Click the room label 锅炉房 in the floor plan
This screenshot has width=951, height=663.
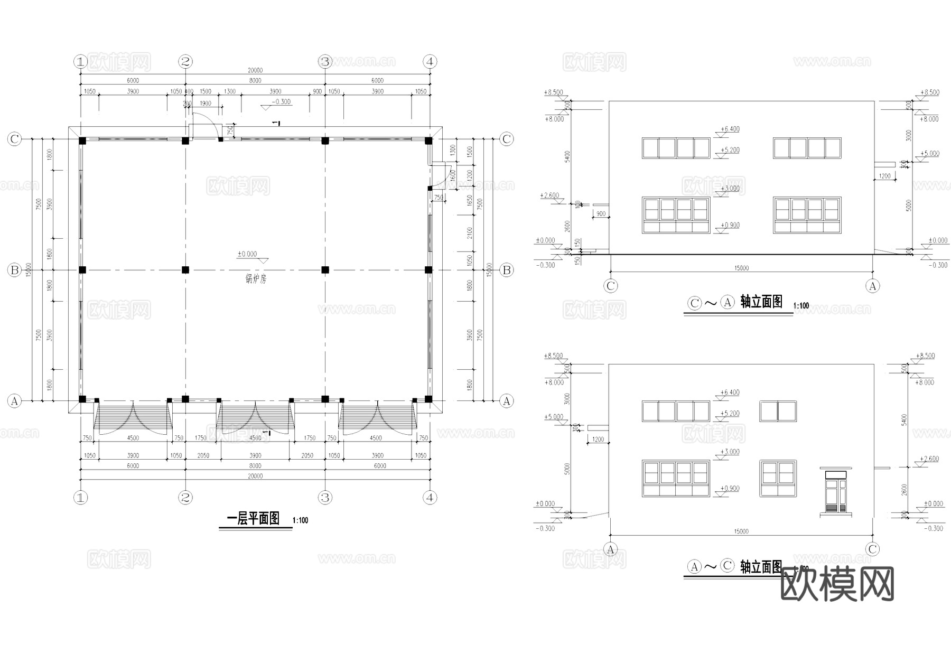[x=256, y=279]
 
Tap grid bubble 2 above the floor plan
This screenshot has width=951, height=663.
[x=185, y=62]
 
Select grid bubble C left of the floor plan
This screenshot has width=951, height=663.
[x=14, y=139]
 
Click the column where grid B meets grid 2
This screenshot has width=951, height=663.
[x=185, y=270]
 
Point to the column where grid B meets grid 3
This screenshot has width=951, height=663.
[x=325, y=270]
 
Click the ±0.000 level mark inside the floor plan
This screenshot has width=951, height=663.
[x=247, y=254]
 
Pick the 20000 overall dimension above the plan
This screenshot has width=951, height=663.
[x=255, y=70]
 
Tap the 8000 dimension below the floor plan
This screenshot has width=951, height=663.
[x=255, y=466]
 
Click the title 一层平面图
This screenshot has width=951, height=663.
[x=253, y=519]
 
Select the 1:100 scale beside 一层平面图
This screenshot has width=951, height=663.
[x=300, y=521]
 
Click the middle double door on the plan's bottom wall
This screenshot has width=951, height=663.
[x=256, y=417]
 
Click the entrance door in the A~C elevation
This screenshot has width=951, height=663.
[x=836, y=494]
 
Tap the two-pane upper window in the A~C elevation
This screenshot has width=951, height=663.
[x=778, y=411]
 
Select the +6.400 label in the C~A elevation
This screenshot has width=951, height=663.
[x=730, y=129]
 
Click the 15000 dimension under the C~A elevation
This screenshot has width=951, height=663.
[x=741, y=268]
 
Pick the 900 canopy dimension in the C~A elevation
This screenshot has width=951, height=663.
[x=600, y=214]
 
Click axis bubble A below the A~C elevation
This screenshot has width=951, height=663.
[x=611, y=549]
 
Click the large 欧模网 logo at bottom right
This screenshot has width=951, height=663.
[x=837, y=584]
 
